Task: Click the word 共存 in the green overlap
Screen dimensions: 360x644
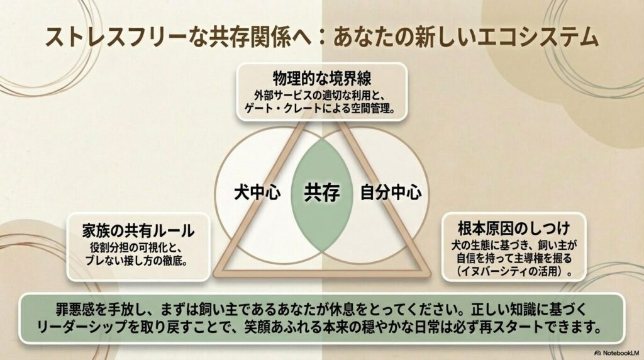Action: pyautogui.click(x=322, y=193)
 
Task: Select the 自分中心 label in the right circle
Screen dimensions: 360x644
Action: pyautogui.click(x=391, y=193)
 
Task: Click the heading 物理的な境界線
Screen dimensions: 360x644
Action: pyautogui.click(x=322, y=79)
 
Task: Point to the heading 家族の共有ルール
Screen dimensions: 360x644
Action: pyautogui.click(x=138, y=231)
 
